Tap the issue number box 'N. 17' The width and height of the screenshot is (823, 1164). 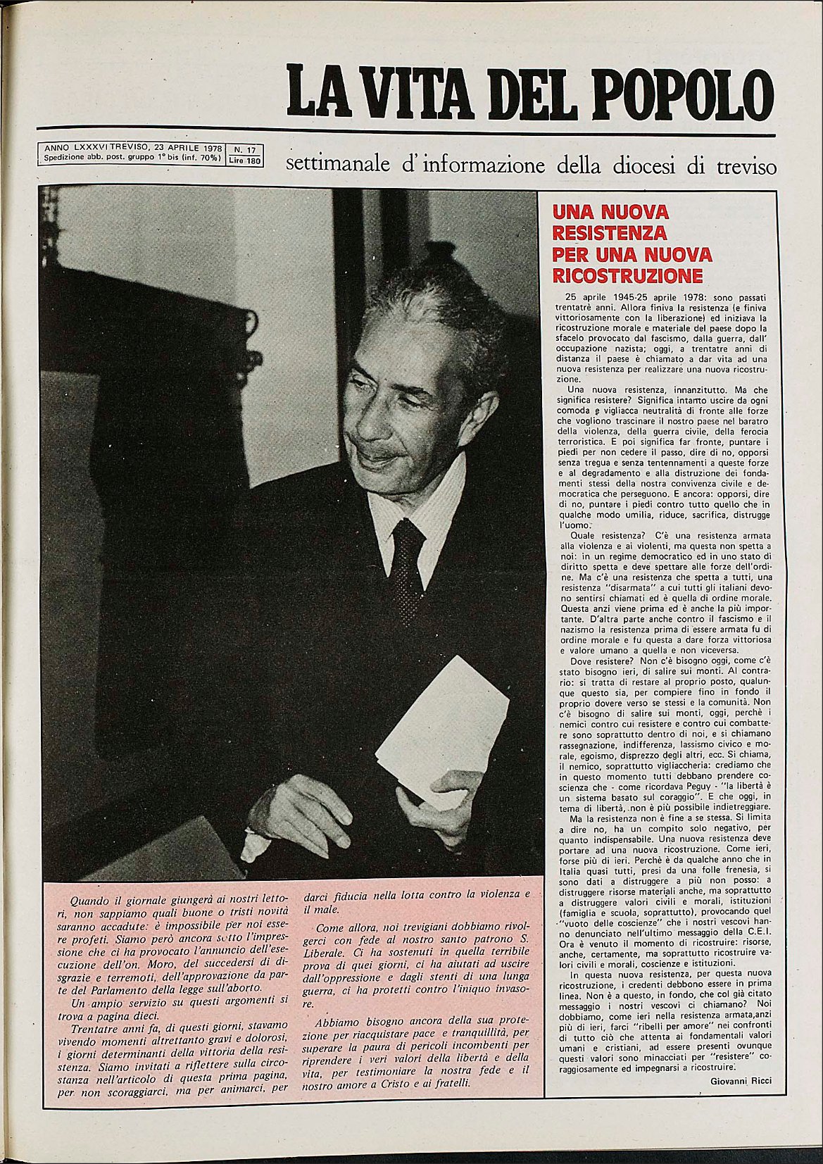click(x=244, y=149)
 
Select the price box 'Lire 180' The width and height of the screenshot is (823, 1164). click(x=244, y=161)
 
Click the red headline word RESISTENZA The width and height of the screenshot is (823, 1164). click(x=610, y=232)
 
